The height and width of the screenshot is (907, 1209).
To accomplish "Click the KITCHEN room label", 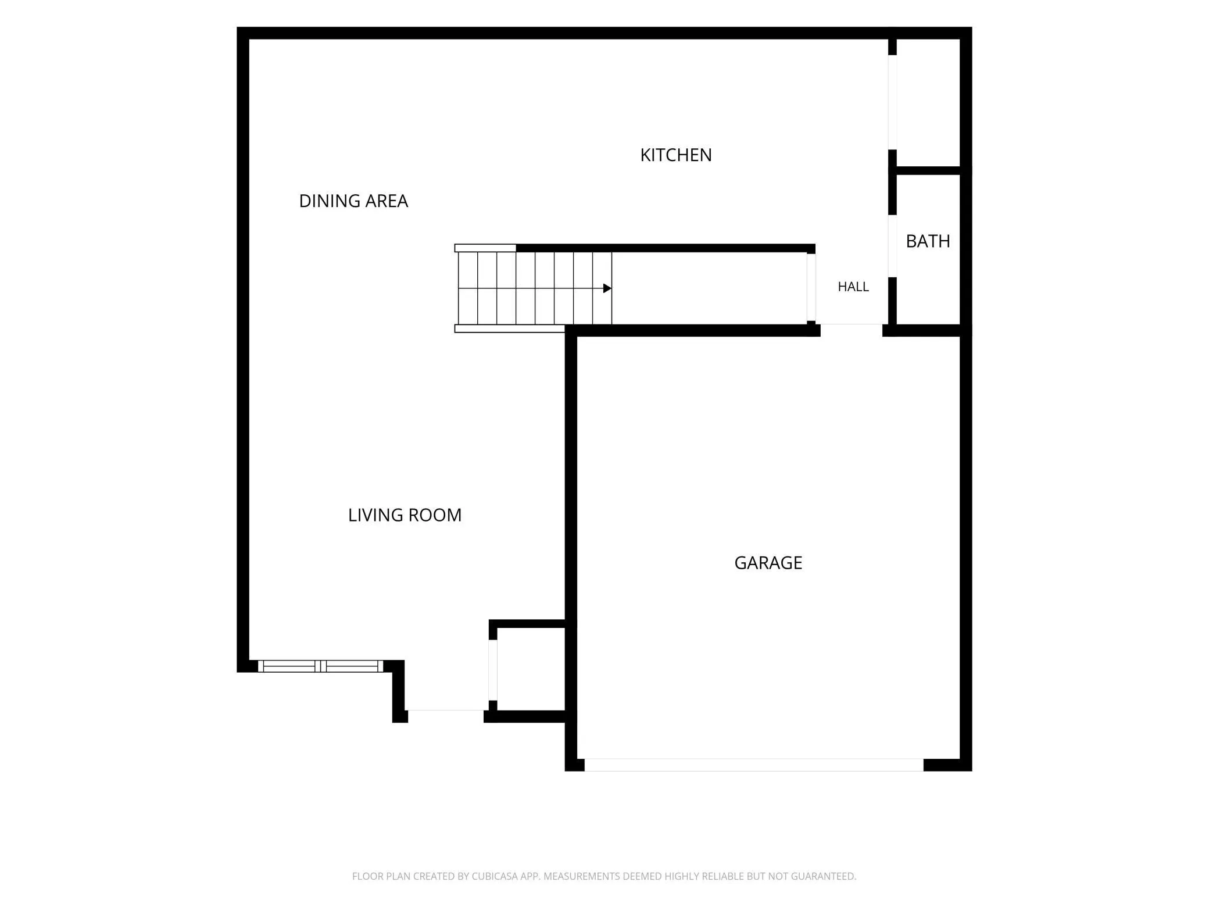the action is [675, 155].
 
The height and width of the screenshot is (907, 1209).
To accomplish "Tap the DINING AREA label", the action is [353, 201].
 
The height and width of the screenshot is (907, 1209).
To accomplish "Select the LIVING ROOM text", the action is [405, 515].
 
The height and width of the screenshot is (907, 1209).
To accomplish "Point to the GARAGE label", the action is [768, 563].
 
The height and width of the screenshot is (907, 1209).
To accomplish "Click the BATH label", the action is [928, 241].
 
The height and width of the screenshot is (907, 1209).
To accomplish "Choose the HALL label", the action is [853, 287].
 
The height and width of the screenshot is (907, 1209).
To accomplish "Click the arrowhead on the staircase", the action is [607, 288].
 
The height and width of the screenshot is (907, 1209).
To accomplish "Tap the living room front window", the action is [320, 666].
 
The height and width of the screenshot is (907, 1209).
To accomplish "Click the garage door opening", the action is [754, 765].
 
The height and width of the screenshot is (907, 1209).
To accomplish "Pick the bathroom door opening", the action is [892, 246].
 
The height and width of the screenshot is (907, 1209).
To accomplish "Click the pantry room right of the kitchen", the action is [928, 102].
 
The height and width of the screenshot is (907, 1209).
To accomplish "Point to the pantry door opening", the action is [892, 102].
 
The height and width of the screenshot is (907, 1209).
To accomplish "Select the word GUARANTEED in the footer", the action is [823, 876].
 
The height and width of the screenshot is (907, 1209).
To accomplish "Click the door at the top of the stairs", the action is [811, 287].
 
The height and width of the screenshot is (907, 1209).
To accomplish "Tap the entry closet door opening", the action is [493, 670].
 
